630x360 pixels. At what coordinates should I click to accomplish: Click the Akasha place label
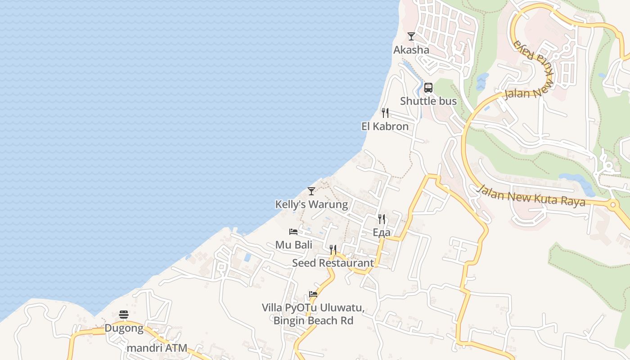coord(411,49)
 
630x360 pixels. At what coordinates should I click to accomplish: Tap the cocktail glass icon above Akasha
coord(411,36)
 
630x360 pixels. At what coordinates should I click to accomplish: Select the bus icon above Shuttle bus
coord(428,88)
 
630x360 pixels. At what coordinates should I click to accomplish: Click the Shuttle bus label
coord(428,101)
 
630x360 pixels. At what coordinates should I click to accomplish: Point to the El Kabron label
coord(385,126)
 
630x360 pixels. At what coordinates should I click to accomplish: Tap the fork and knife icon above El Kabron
coord(385,112)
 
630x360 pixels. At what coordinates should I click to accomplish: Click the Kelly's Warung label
coord(311,204)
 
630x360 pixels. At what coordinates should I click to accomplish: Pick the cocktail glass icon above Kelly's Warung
coord(311,191)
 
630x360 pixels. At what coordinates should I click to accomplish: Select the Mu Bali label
coord(294,245)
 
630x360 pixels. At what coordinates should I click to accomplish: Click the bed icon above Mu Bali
coord(293,232)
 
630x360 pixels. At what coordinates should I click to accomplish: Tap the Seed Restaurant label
coord(333,263)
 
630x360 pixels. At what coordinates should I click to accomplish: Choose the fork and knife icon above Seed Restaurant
coord(333,249)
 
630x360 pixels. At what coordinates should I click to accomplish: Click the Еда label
coord(382,232)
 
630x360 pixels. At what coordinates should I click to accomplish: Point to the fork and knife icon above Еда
coord(382,219)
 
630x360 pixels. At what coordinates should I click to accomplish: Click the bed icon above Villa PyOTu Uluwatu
coord(313,295)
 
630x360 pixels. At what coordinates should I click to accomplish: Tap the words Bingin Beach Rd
coord(313,321)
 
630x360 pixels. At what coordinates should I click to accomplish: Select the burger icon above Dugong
coord(124,315)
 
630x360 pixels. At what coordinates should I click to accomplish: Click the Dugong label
coord(124,328)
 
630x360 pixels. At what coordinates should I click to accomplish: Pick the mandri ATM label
coord(157,348)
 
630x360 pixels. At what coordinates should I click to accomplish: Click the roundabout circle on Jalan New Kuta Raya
coord(612,205)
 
